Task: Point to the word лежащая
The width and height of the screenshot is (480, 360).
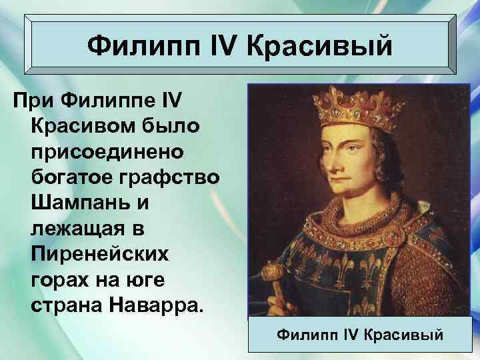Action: pyautogui.click(x=73, y=228)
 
